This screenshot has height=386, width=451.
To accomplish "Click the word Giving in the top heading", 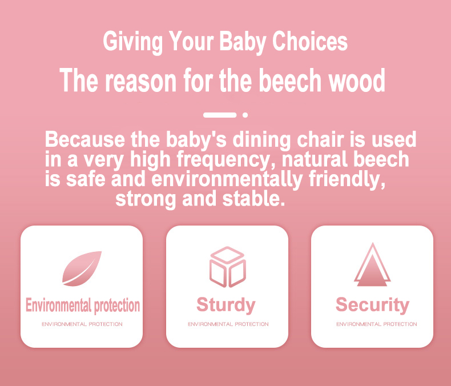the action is click(x=133, y=42).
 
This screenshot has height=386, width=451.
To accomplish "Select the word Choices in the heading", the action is click(x=310, y=41).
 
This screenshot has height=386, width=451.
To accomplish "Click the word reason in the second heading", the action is click(x=140, y=82).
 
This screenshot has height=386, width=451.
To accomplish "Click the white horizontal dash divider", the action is click(x=220, y=115).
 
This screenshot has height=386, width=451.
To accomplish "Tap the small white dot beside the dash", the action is click(x=245, y=115).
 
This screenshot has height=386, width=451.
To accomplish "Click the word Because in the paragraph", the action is click(x=85, y=139).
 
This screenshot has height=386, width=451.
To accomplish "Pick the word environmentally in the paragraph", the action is click(x=227, y=179).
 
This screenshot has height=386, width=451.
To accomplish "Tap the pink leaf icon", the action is click(x=82, y=268).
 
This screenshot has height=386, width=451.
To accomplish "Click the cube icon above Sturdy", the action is click(x=228, y=267).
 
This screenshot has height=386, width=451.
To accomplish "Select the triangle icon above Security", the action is click(x=372, y=264).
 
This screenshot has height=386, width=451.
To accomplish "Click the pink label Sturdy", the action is click(x=226, y=305).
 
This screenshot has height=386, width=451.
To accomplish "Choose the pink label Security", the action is click(x=372, y=305).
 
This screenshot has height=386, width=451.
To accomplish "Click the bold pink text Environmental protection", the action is click(x=83, y=305).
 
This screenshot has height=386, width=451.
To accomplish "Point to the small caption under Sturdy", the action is click(x=228, y=324).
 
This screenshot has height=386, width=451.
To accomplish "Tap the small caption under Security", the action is click(x=377, y=324).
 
